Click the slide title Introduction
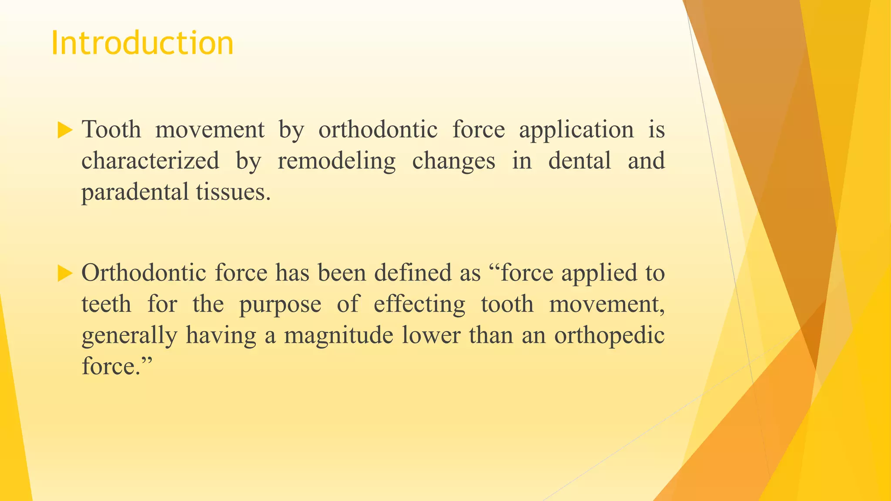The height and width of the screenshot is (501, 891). [x=142, y=43]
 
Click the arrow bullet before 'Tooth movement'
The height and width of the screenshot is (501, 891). [x=64, y=130]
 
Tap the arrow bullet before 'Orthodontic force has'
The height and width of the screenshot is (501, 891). [x=64, y=274]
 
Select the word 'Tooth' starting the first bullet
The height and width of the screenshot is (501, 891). [x=111, y=130]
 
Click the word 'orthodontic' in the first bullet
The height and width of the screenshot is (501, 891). [x=378, y=130]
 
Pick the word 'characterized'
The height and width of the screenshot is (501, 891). [x=150, y=160]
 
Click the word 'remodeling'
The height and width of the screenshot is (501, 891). [x=337, y=161]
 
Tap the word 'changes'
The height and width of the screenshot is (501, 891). [x=453, y=161]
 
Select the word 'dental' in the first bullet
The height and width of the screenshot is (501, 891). [x=579, y=160]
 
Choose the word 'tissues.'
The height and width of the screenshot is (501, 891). [x=233, y=192]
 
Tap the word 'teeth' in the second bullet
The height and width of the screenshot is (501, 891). [x=106, y=304]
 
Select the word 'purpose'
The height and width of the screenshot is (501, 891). [x=280, y=305]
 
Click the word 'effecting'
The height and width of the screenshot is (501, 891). [x=419, y=304]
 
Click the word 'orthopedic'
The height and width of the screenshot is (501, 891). [x=609, y=336]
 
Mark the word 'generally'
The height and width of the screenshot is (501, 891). [x=129, y=336]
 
